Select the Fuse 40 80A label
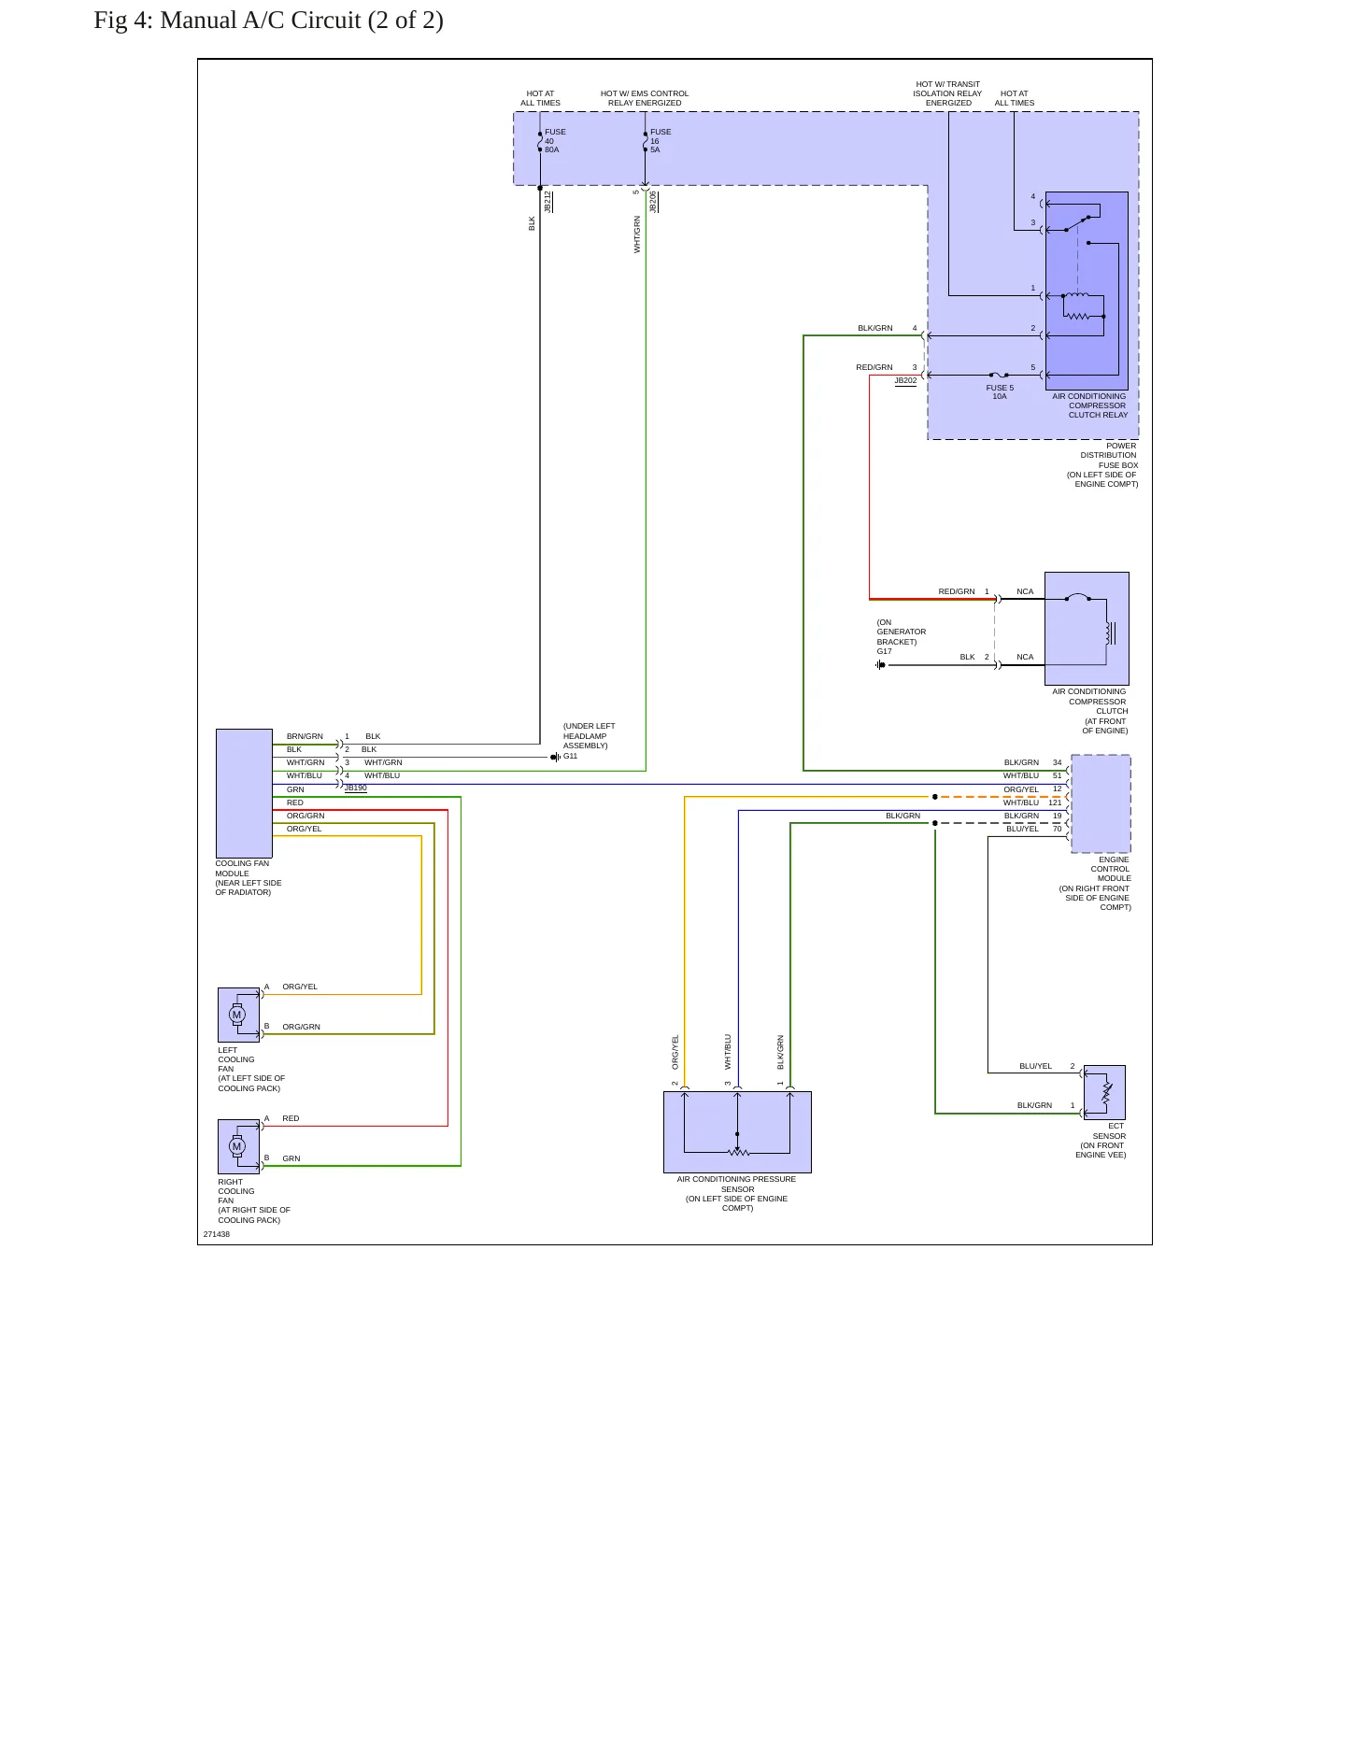[x=555, y=141]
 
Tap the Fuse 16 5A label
[x=661, y=141]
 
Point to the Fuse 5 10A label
[x=1000, y=392]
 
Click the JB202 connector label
[x=905, y=380]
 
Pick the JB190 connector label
[x=355, y=788]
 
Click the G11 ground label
[x=570, y=756]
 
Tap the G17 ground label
[x=884, y=651]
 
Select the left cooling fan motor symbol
[x=237, y=1015]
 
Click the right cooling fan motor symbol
[x=237, y=1146]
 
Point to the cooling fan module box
[x=244, y=793]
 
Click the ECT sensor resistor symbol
[x=1107, y=1091]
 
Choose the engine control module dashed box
[x=1101, y=803]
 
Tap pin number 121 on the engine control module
[x=1055, y=802]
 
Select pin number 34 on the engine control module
[x=1058, y=762]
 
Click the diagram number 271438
[x=217, y=1234]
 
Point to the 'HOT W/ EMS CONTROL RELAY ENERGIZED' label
[x=645, y=98]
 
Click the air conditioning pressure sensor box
[x=737, y=1132]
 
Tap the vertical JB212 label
[x=547, y=202]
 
